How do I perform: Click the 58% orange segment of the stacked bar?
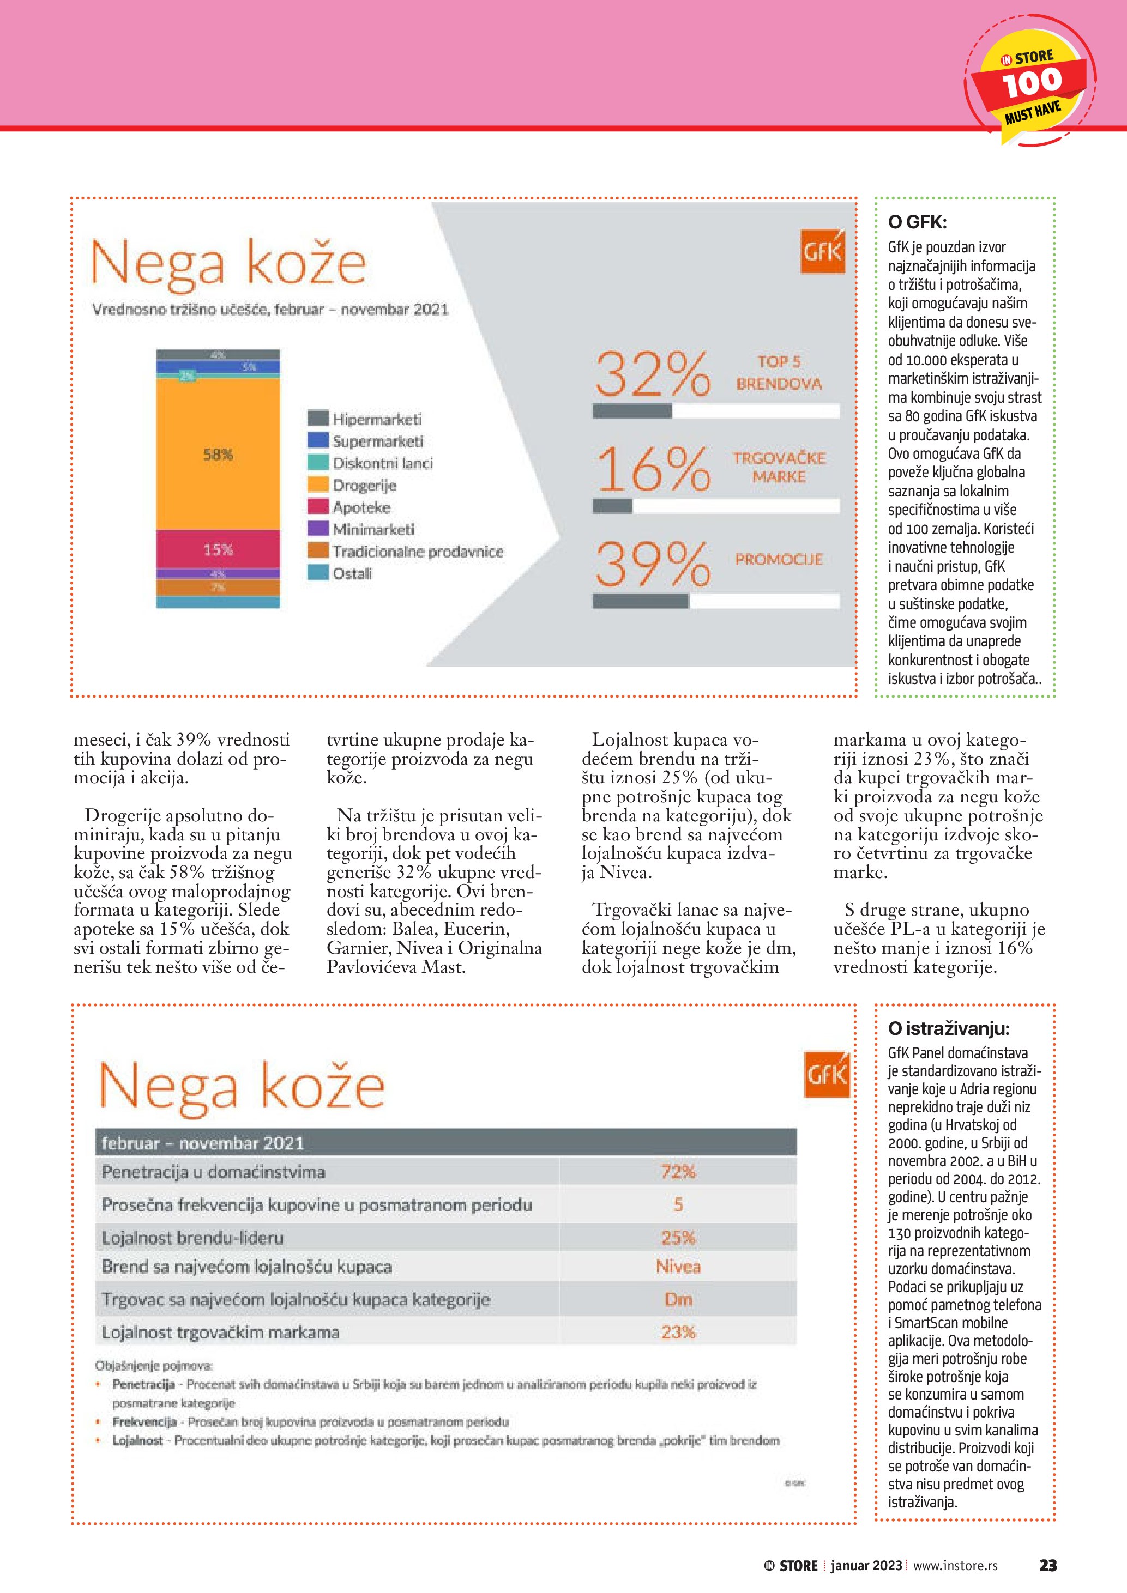tap(218, 455)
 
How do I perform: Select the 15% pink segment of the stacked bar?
tap(218, 549)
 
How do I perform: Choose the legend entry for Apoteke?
tap(360, 507)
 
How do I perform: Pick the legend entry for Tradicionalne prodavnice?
tap(417, 552)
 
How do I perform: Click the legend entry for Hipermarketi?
tap(376, 419)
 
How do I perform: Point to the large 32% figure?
tap(652, 374)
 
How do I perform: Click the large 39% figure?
tap(652, 564)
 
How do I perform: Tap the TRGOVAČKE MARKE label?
tap(779, 467)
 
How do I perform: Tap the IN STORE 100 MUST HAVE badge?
tap(1030, 87)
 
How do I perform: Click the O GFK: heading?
tap(917, 222)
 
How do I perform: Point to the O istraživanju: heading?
tap(949, 1028)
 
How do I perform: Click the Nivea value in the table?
tap(678, 1267)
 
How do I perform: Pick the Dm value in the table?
tap(678, 1299)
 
